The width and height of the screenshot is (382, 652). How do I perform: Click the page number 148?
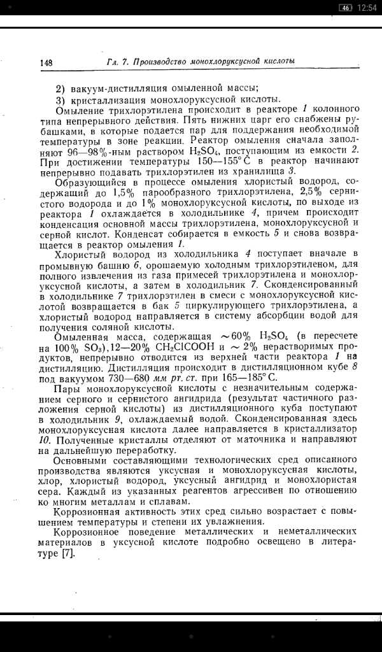tap(45, 62)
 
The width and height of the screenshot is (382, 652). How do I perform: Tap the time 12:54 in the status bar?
tap(367, 7)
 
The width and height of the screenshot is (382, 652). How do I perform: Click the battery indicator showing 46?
tap(346, 7)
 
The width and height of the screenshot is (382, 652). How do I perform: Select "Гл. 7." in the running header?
tap(118, 62)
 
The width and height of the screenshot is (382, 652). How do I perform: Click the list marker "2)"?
tap(60, 89)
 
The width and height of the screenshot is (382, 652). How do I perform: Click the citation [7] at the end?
tap(67, 553)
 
